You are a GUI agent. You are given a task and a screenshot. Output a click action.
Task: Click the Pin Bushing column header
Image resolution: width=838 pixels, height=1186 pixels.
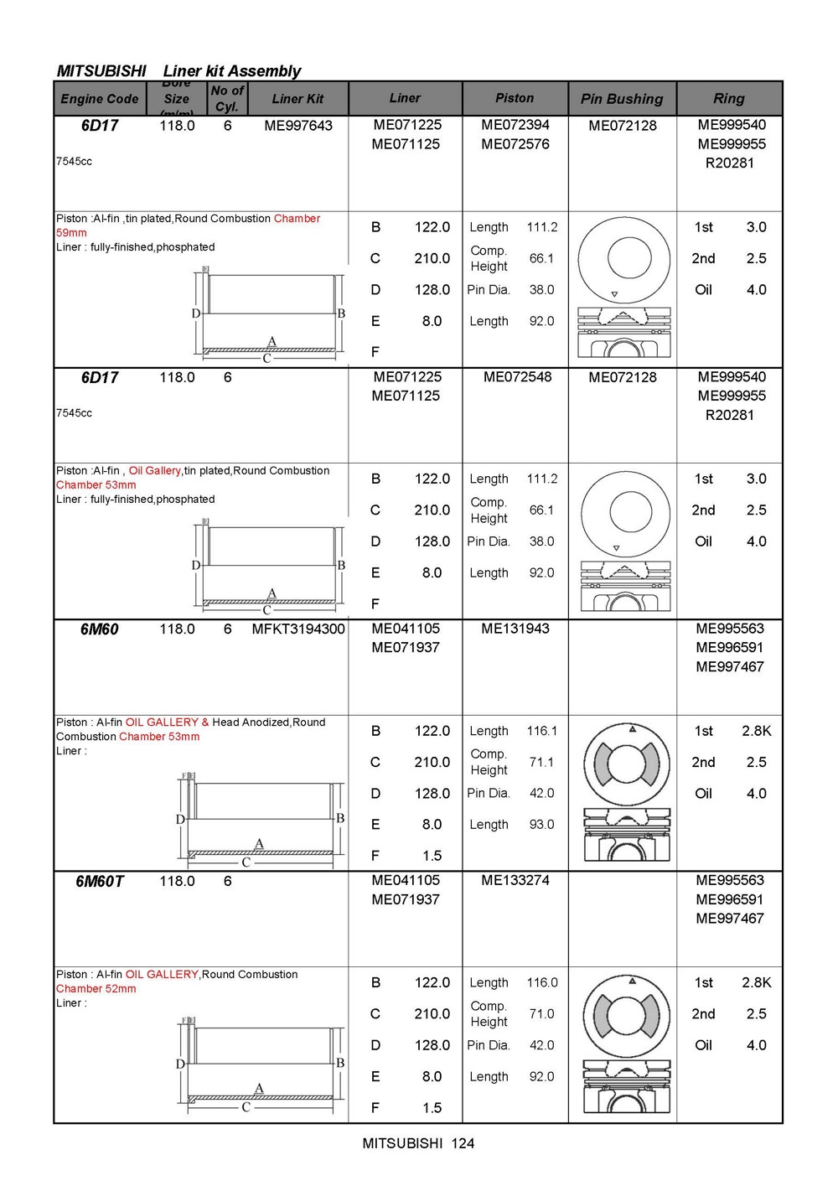click(622, 99)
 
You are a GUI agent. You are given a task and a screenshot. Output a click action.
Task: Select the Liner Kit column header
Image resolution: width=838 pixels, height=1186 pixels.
click(297, 99)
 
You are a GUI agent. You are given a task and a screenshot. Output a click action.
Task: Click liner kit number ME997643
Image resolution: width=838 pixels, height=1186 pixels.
click(298, 126)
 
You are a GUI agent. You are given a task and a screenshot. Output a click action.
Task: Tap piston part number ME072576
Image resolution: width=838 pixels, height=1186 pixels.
click(515, 144)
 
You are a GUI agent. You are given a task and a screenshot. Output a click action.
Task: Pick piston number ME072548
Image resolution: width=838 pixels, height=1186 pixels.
click(517, 377)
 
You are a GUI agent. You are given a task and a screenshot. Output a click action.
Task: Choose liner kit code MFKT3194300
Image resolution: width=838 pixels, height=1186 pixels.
click(298, 629)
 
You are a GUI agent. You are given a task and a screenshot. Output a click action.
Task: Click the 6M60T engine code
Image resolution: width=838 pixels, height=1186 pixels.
click(100, 882)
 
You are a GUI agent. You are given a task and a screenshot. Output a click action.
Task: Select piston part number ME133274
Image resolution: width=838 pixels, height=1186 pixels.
click(515, 881)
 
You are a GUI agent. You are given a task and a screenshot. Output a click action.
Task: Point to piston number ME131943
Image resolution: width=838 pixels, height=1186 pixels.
click(515, 629)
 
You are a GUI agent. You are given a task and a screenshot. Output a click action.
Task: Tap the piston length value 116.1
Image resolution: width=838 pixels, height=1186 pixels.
click(542, 731)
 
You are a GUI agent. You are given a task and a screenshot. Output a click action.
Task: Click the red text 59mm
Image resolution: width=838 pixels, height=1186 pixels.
click(71, 233)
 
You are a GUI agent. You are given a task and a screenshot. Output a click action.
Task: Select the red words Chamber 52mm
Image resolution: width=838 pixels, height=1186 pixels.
click(96, 989)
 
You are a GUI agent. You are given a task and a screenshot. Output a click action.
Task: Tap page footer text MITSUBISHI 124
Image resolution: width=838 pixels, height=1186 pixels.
click(418, 1143)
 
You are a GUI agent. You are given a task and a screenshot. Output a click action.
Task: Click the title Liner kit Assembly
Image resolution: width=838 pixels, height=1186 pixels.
click(232, 71)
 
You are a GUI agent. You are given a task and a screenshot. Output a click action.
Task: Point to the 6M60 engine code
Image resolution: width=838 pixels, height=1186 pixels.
click(100, 629)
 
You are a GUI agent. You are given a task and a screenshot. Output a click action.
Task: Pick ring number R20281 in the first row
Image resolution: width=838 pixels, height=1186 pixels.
click(729, 163)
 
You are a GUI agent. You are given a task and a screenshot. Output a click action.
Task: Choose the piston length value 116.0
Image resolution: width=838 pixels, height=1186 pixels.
click(542, 982)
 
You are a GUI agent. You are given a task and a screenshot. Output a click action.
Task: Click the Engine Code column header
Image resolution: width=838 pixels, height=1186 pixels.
click(100, 99)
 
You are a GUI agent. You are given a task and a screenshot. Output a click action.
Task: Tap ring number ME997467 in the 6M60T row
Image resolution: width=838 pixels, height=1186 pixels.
click(729, 919)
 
